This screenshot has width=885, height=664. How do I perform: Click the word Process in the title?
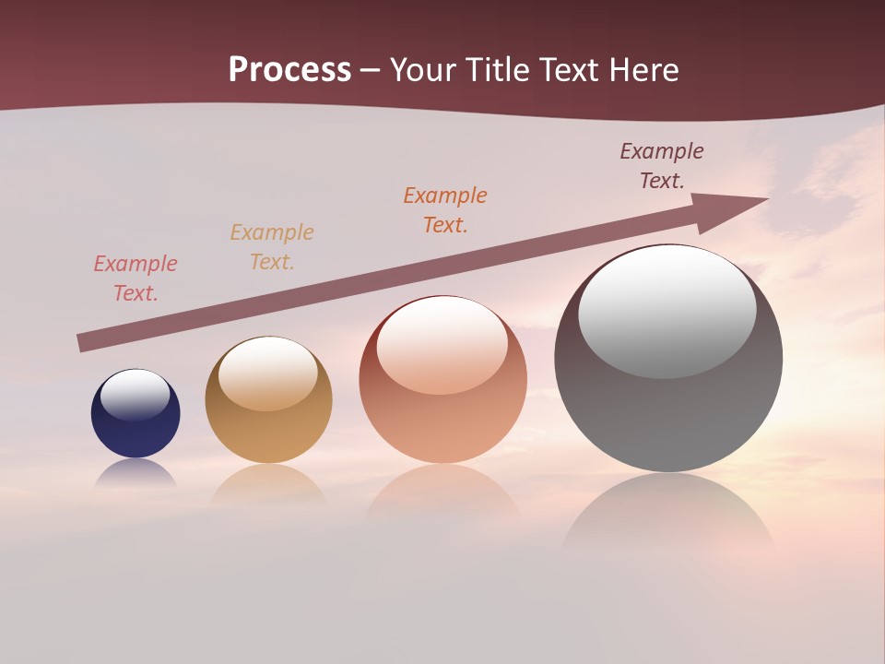pyautogui.click(x=289, y=70)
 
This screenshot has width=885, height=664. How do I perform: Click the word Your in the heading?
pyautogui.click(x=424, y=70)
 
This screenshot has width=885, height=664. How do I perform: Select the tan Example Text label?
pyautogui.click(x=272, y=247)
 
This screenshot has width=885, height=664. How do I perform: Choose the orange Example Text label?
pyautogui.click(x=445, y=210)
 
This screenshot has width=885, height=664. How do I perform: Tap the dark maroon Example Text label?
pyautogui.click(x=662, y=166)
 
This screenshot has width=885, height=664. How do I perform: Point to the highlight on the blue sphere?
pyautogui.click(x=136, y=394)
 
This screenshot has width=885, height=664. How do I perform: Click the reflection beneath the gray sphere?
pyautogui.click(x=668, y=516)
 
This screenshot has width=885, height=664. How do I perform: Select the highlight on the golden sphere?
pyautogui.click(x=268, y=372)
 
